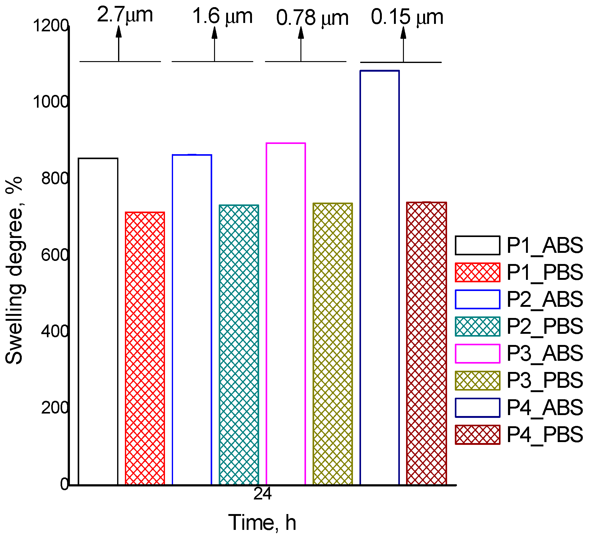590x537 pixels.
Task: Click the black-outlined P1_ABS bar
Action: (98, 321)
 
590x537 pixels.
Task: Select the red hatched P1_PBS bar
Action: (145, 348)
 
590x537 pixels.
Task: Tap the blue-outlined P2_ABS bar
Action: (192, 320)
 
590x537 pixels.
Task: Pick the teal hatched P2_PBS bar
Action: (239, 344)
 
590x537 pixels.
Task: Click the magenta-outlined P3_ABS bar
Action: (286, 313)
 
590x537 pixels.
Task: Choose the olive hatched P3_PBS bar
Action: (332, 344)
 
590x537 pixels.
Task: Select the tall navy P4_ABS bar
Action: (380, 278)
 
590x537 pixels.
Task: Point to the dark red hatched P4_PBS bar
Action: (426, 343)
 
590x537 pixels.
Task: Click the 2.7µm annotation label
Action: (125, 15)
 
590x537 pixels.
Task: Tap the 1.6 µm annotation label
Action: (222, 16)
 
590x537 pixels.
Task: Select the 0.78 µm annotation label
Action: (312, 18)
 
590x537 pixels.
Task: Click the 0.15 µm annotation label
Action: (407, 17)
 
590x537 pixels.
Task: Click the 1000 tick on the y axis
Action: (50, 101)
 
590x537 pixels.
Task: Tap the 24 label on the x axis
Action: (263, 494)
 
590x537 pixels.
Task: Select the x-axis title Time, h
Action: (263, 522)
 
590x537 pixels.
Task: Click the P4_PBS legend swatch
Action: (478, 435)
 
